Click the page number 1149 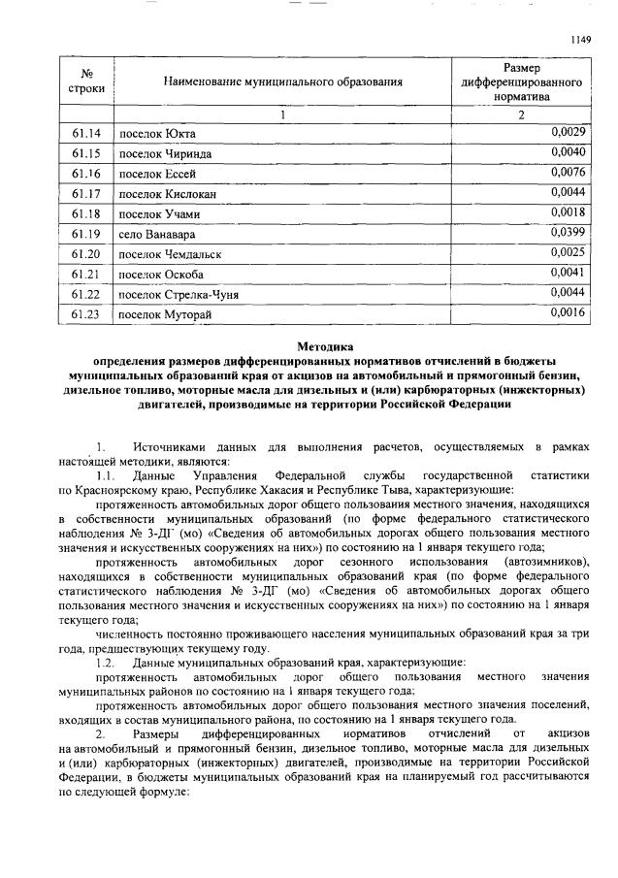coord(579,39)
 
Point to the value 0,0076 coord(567,173)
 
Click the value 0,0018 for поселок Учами coord(567,212)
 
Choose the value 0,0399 coord(567,233)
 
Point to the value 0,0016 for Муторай coord(567,312)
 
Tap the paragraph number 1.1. coord(106,476)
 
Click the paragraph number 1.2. coord(106,662)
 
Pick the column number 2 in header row coord(521,115)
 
